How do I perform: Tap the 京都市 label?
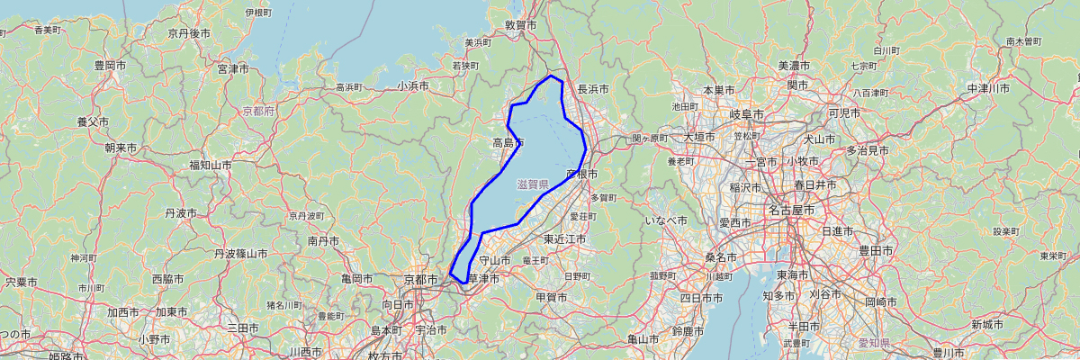[420, 280]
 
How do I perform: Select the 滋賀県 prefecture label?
[533, 184]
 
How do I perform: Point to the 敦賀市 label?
[521, 26]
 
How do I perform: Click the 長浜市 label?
[593, 89]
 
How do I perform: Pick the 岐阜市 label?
[747, 114]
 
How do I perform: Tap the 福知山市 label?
[210, 165]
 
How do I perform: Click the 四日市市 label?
[703, 297]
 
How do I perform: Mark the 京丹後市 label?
[189, 32]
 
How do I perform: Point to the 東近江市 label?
[565, 239]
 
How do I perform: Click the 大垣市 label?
[700, 137]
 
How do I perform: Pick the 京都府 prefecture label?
[258, 111]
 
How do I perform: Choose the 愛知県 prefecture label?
[871, 343]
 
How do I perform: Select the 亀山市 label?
[643, 339]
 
